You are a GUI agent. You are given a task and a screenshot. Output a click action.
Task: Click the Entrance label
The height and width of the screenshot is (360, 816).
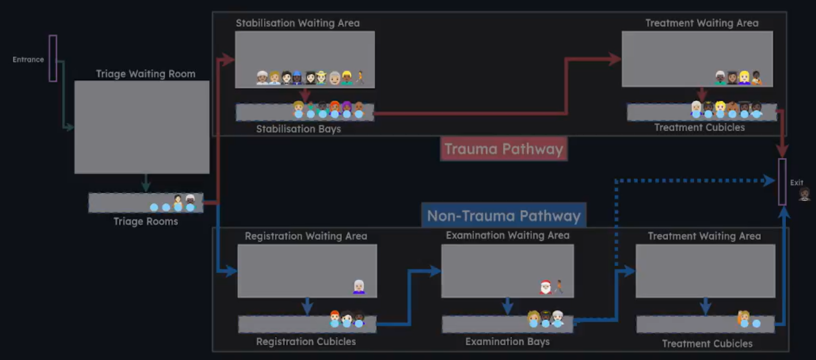coord(28,60)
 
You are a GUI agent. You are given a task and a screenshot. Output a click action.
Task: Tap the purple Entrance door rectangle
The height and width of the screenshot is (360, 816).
coord(53,58)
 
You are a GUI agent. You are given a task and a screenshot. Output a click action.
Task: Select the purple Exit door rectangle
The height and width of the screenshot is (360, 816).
coord(782,181)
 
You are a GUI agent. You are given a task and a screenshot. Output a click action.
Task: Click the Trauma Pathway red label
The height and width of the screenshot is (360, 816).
coord(503,149)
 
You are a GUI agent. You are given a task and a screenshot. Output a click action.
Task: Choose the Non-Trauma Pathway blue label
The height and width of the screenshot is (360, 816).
coord(503,216)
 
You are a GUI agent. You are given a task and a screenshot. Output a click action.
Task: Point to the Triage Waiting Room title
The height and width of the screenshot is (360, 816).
coord(145,74)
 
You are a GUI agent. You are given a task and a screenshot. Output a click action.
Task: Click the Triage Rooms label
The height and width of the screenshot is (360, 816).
coord(145,221)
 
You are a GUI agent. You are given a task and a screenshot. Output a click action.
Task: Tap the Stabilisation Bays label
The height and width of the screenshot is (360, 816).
coord(298,129)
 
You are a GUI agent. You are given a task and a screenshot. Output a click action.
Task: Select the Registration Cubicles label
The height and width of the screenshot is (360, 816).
coord(306,342)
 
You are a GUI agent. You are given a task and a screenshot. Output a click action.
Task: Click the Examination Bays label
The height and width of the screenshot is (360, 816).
coord(507,342)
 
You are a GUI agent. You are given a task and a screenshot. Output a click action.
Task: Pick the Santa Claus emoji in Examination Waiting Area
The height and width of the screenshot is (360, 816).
coord(546,287)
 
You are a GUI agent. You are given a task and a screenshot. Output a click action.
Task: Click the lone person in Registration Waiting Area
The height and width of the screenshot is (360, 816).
coord(358,287)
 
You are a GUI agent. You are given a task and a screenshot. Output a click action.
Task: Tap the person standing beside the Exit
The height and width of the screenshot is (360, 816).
coord(804,194)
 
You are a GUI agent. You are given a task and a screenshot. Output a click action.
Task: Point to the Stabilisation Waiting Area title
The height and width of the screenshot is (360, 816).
coord(297,23)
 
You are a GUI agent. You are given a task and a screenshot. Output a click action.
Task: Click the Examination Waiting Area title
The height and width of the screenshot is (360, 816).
coord(507,235)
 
